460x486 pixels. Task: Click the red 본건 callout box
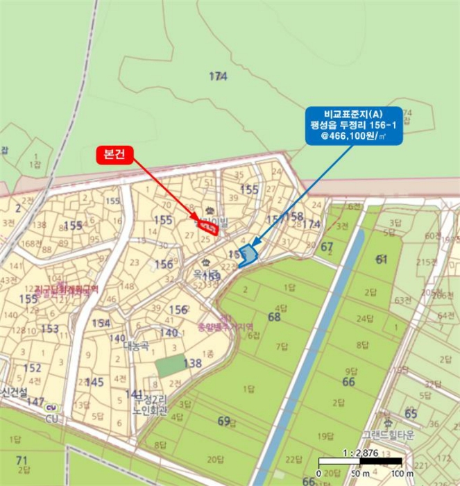tap(114, 154)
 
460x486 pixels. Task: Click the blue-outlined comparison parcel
tap(247, 255)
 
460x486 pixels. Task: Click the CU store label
tap(51, 419)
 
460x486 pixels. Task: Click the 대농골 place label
tap(137, 345)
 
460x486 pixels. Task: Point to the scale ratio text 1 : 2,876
tap(361, 453)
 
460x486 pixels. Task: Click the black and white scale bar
tap(360, 462)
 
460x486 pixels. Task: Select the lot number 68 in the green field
tap(274, 317)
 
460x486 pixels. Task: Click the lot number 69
tap(223, 421)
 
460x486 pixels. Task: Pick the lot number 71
tap(22, 460)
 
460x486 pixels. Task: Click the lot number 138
tap(192, 363)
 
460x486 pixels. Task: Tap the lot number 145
tap(94, 382)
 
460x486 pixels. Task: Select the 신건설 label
tap(14, 392)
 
